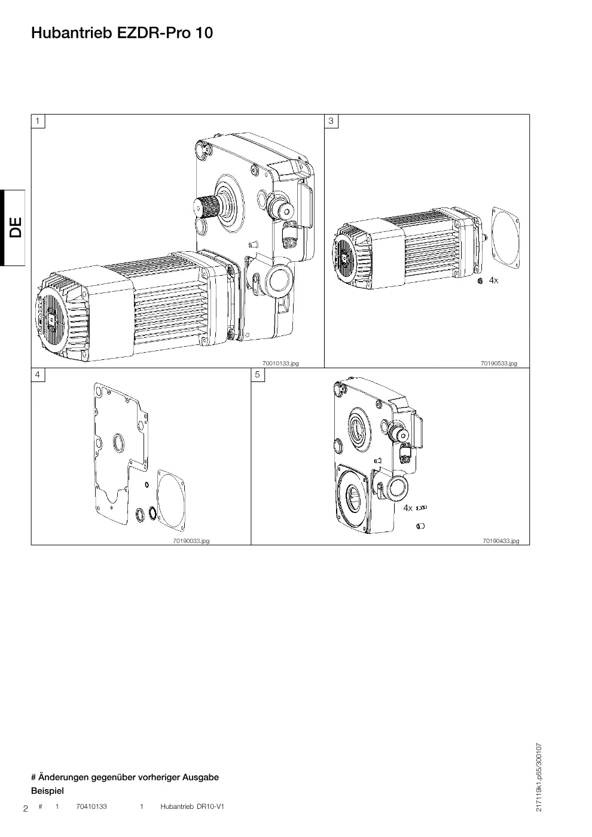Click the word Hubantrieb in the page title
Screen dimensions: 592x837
pos(72,33)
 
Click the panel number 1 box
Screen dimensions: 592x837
pos(38,121)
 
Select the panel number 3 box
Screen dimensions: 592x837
pos(331,121)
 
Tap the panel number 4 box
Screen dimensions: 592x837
pos(38,374)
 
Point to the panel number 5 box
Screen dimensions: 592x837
pos(258,374)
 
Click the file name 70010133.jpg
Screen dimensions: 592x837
pos(280,363)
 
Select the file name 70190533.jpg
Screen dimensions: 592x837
pos(499,363)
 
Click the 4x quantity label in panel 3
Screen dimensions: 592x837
pos(493,280)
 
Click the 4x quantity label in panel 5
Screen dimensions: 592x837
pos(408,508)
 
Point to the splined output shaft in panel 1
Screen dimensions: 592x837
pos(203,206)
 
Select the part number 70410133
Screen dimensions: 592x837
pos(91,807)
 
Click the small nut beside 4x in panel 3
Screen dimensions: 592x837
pos(480,281)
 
